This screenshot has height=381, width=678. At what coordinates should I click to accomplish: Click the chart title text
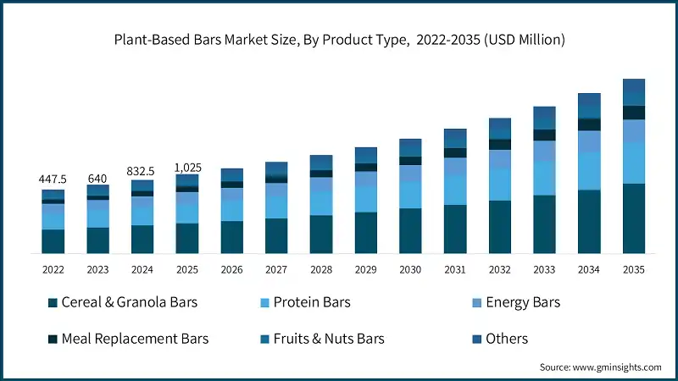339,40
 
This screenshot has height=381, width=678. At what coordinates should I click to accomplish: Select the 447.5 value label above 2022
53,179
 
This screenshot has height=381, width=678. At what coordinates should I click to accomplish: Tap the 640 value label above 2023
97,179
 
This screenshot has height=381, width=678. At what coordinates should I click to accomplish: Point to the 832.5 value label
142,170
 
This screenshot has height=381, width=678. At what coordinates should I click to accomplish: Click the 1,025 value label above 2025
186,167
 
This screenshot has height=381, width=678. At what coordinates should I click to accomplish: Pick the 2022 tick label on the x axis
53,269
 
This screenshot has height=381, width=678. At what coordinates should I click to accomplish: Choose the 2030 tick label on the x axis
410,269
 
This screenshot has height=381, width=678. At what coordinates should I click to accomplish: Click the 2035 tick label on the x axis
633,269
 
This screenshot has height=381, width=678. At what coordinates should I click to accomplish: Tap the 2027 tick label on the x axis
276,269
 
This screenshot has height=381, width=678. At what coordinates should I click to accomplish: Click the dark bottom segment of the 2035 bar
633,218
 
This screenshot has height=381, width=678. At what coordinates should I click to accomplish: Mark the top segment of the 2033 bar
544,118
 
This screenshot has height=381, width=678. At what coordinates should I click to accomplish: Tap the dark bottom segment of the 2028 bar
320,235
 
